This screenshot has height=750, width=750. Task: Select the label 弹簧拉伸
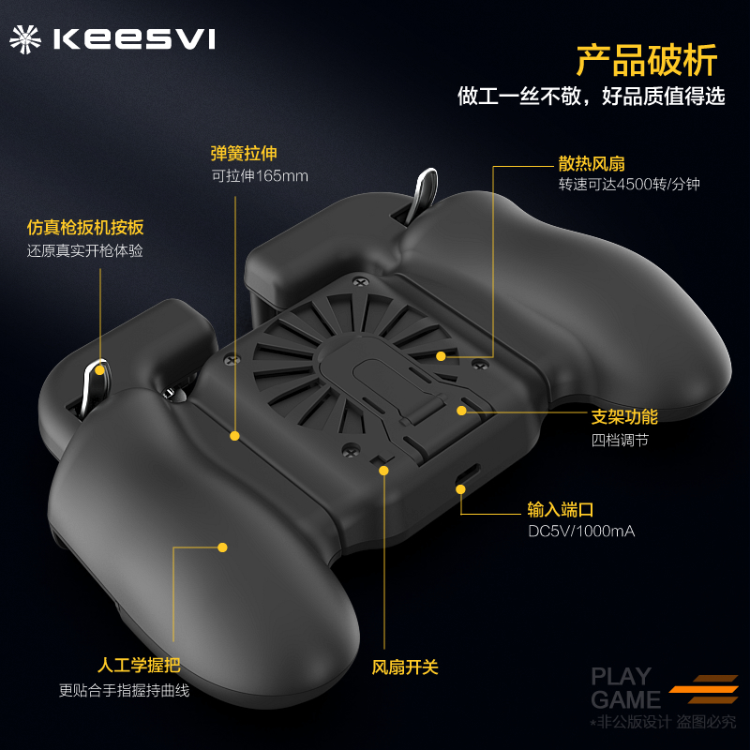point(244,153)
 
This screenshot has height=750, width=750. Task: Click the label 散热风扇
point(591,162)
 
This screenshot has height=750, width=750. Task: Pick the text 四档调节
point(620,440)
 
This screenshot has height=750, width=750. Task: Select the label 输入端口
point(561,509)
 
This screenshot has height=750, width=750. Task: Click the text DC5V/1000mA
point(581,532)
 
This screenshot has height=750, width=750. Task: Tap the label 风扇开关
point(405,667)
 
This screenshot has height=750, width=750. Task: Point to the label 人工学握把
point(139,667)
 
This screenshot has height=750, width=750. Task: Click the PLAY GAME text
point(625,688)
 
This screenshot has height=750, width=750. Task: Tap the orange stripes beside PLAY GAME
point(705,688)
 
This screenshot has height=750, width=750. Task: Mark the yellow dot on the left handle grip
point(223,547)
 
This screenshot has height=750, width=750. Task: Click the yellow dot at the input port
point(460,486)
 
